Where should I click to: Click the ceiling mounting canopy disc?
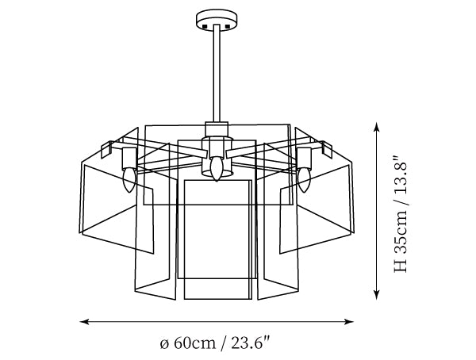(x=217, y=19)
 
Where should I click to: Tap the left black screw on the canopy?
(x=205, y=26)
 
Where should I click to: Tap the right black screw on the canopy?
(x=228, y=26)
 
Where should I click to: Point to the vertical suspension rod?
(x=217, y=73)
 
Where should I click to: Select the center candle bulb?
(x=216, y=169)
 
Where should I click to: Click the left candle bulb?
(x=129, y=180)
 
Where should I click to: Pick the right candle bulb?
(x=304, y=180)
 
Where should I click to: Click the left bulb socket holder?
(x=129, y=158)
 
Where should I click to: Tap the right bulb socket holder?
(x=304, y=158)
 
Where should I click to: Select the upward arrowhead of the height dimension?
(x=376, y=127)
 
